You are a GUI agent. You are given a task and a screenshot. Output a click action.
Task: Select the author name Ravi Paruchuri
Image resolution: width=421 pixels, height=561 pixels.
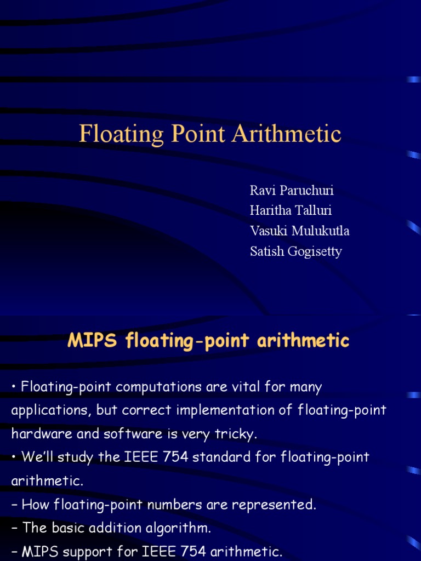coord(292,191)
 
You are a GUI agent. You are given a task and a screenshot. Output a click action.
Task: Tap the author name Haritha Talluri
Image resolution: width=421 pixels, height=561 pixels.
coord(291,211)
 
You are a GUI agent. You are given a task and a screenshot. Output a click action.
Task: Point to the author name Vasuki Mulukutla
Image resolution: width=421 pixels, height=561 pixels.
coord(299,231)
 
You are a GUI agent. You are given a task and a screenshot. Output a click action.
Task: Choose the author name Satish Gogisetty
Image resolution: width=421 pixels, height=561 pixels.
coord(295,251)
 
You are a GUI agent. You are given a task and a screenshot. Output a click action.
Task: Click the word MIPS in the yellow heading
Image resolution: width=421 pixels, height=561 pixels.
coord(93,341)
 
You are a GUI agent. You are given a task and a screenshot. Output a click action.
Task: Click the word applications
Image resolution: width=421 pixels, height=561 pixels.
coord(49,411)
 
